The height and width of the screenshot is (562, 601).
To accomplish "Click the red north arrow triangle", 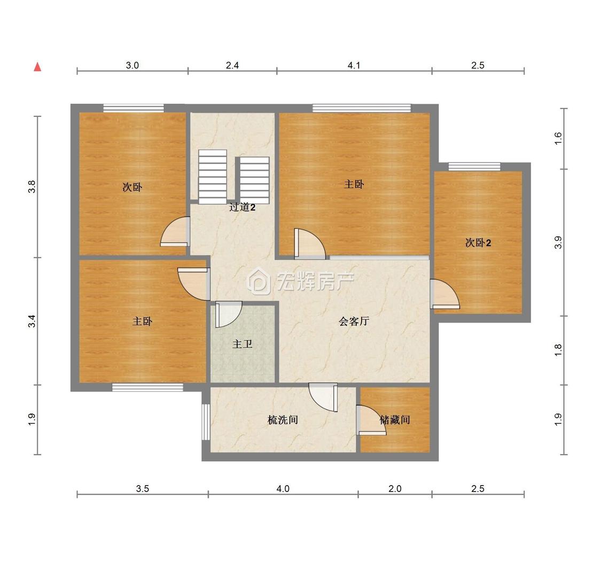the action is (x=37, y=67).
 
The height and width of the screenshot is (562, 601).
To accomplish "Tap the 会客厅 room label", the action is (x=354, y=321).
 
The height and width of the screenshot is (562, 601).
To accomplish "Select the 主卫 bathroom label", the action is (x=242, y=344).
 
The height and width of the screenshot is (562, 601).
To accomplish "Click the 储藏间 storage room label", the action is (x=395, y=420).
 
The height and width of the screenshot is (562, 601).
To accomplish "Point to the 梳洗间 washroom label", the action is (x=283, y=420).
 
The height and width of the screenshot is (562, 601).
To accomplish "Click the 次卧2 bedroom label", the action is (x=478, y=243).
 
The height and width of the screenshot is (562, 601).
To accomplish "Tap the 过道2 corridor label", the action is (x=242, y=207).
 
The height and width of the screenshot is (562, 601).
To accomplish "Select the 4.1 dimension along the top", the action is (x=354, y=66).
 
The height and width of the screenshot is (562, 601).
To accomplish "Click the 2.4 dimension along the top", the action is (x=232, y=66).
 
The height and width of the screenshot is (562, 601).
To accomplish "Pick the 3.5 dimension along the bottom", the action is (x=143, y=489).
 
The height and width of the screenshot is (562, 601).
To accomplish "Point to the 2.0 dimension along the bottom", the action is (x=395, y=489).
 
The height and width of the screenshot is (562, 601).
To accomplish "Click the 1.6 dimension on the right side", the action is (x=558, y=138).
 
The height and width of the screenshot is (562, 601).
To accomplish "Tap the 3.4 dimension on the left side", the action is (x=32, y=321).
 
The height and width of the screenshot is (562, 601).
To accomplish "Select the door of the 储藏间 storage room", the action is (x=371, y=420).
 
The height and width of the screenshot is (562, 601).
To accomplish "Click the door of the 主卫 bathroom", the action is (x=229, y=314).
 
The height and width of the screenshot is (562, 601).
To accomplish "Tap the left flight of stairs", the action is (x=212, y=177).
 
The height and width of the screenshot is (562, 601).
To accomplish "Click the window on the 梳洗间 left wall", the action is (x=206, y=421).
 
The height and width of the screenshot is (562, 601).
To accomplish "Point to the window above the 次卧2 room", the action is (x=474, y=166).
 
